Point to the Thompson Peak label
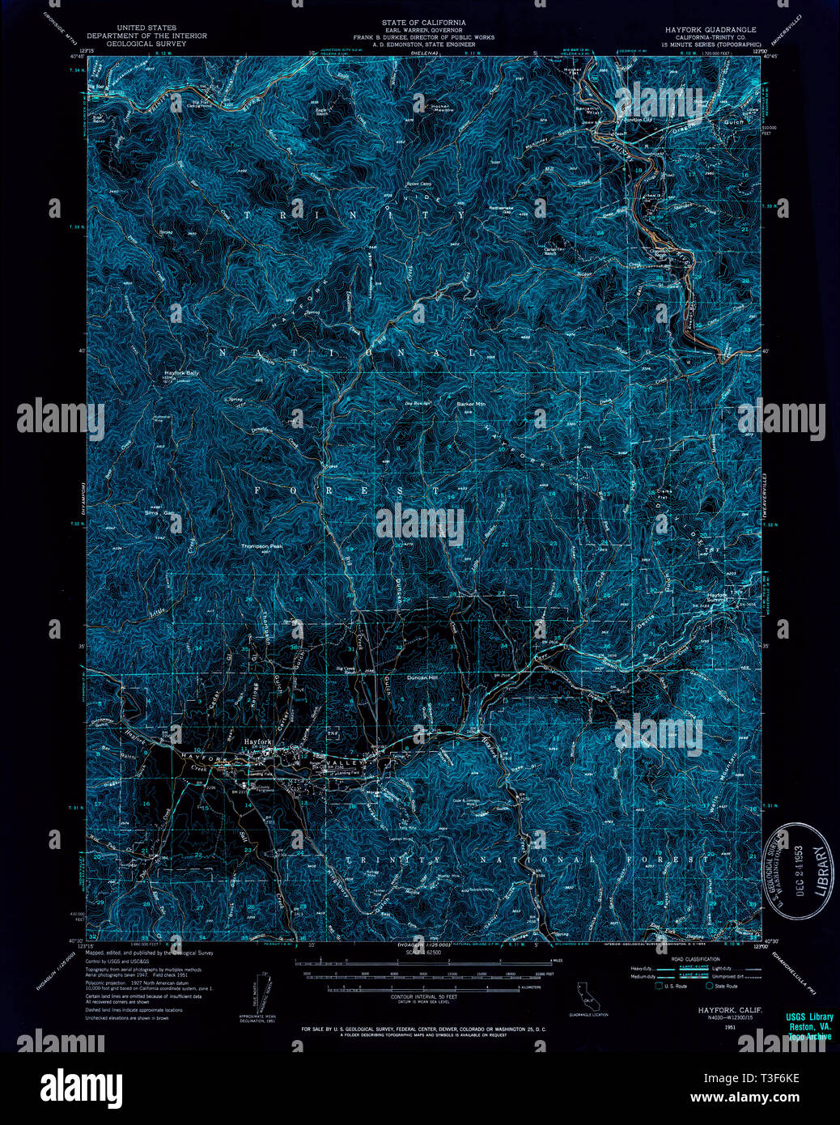coord(260,546)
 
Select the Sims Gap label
coord(159,513)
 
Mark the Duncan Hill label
coord(420,677)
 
